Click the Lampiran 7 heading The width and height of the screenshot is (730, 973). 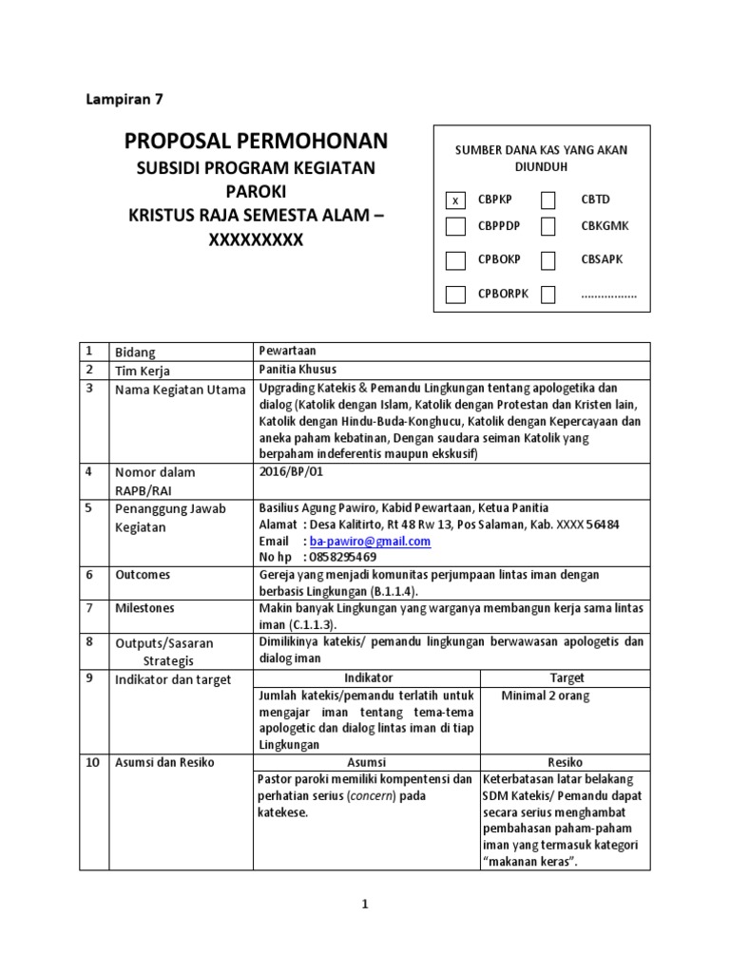125,98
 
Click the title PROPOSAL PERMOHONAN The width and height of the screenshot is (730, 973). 256,142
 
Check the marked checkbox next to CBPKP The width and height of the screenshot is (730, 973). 455,200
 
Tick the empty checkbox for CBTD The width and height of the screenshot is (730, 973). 548,200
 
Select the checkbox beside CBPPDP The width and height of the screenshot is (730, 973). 455,226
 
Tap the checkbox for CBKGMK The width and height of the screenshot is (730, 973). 548,226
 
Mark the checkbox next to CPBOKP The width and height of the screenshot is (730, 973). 455,259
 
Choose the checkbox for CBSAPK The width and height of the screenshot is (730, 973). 548,259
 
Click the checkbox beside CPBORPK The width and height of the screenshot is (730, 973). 455,294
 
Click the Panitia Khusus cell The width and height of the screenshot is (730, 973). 298,369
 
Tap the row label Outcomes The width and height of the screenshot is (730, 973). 143,574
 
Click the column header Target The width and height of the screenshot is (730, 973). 567,677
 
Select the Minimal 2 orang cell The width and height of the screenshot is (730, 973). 546,696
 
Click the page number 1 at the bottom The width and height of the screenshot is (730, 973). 364,906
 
